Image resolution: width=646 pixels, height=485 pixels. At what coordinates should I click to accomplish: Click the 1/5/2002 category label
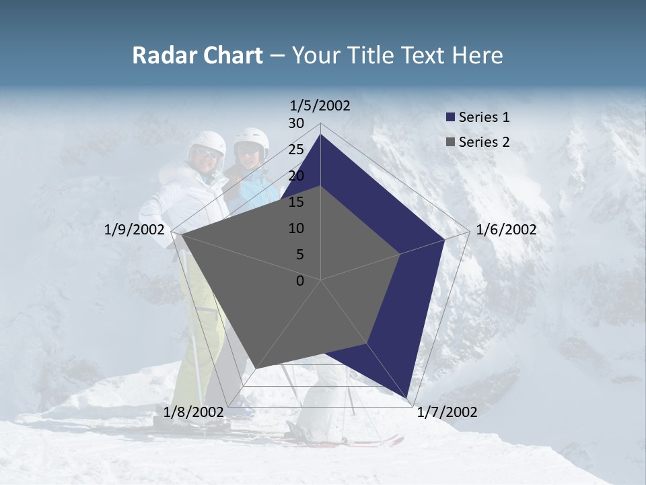(320, 105)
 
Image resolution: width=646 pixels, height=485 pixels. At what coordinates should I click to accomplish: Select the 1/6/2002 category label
(506, 230)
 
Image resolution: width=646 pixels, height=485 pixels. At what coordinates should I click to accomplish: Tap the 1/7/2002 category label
(447, 412)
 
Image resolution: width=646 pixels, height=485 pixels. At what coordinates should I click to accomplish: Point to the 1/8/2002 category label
(194, 412)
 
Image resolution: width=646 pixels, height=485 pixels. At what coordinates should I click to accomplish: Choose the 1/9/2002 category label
(135, 230)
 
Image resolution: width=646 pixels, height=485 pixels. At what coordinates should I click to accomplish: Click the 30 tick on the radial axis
(295, 123)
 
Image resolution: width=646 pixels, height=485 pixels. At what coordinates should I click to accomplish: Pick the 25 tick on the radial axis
(295, 150)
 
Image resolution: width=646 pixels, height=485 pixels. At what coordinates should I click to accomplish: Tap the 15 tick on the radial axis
(295, 202)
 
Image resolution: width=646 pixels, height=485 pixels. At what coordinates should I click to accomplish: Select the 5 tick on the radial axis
(299, 255)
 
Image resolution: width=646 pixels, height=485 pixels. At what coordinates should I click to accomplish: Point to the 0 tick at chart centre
(300, 281)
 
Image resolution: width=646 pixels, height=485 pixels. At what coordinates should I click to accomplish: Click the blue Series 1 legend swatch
(451, 117)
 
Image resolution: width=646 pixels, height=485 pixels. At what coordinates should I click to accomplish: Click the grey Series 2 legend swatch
(451, 141)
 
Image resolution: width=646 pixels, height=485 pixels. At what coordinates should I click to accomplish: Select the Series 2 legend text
(484, 141)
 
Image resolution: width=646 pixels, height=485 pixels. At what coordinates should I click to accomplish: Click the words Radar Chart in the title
(197, 55)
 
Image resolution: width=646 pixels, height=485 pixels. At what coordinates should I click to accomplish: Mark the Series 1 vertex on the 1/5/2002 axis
(320, 135)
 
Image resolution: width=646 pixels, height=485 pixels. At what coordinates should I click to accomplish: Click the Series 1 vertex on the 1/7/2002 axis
(407, 397)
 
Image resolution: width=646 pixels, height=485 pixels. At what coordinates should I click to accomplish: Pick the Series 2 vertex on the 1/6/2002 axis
(400, 254)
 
